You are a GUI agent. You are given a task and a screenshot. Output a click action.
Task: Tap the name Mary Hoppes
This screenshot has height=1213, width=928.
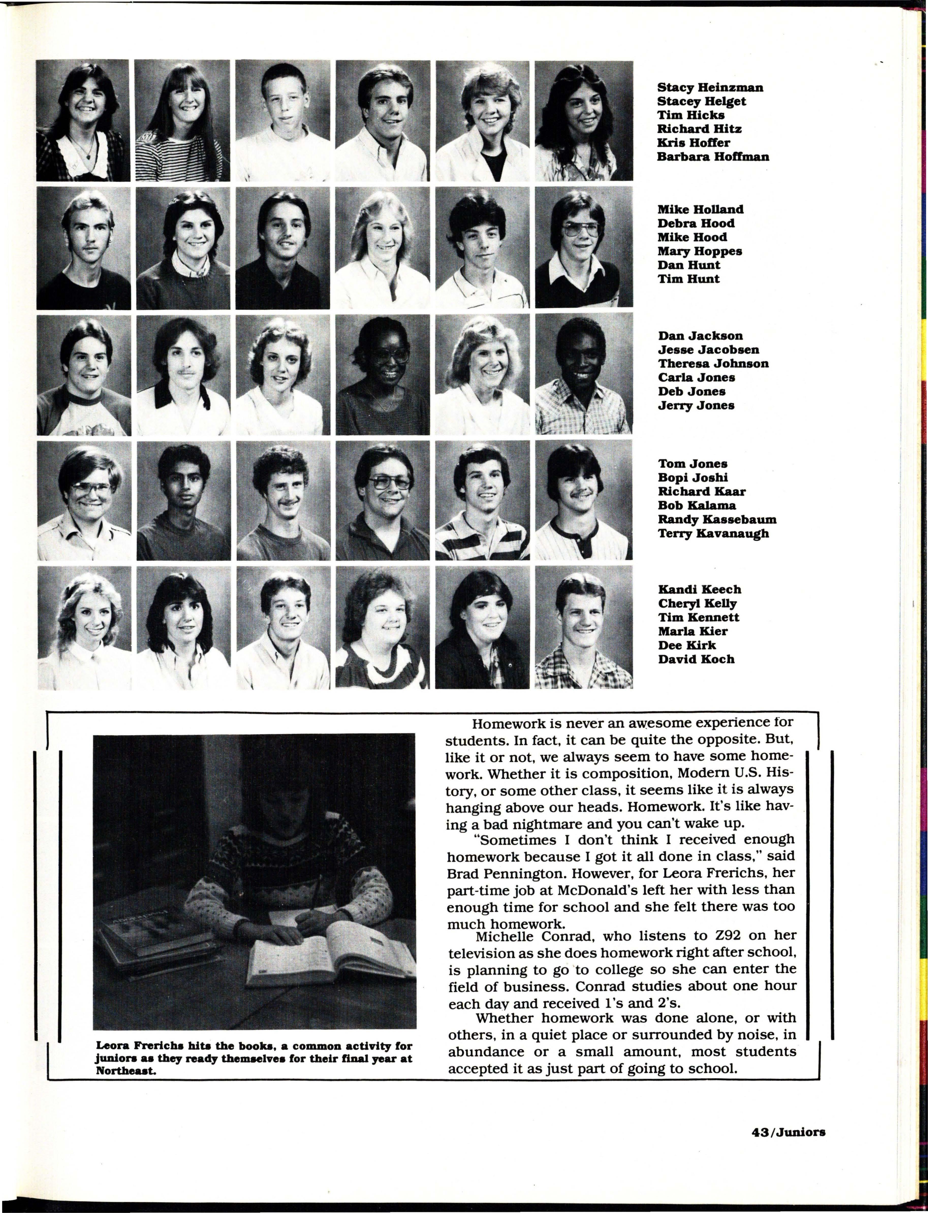coord(699,251)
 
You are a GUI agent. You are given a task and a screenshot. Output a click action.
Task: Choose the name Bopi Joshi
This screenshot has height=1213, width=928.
coord(693,477)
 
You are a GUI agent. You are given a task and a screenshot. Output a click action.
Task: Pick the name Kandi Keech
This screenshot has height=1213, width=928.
coord(699,590)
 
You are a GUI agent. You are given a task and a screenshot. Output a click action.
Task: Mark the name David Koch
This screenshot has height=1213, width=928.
coord(696,659)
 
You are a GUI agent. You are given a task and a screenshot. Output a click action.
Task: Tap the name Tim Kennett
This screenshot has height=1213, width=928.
coord(698,617)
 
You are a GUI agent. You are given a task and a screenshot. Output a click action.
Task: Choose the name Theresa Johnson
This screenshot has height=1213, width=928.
coord(713,363)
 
